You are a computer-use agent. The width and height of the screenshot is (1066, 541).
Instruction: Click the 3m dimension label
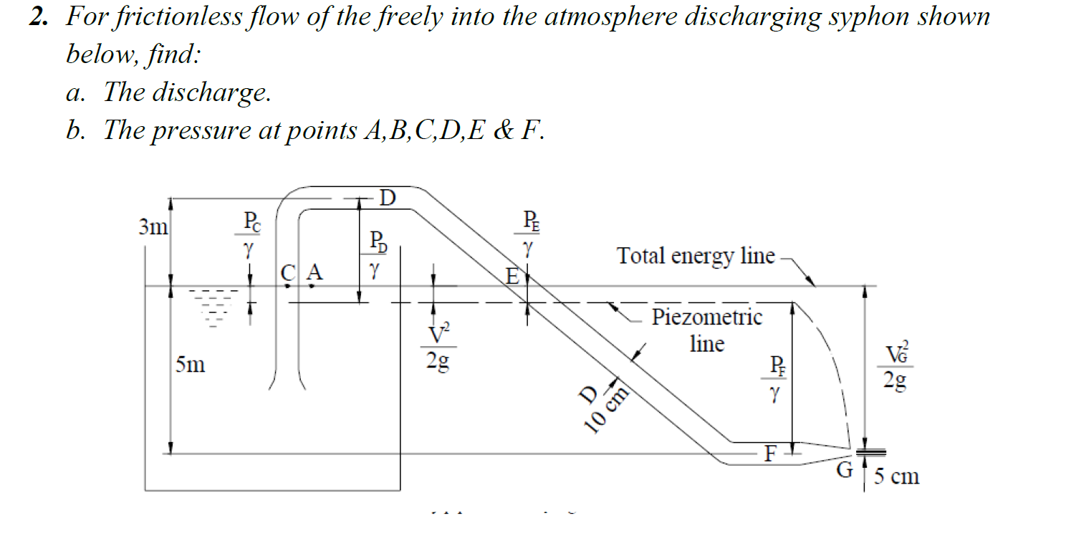tap(153, 228)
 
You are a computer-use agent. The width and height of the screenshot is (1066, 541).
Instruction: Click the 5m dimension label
tap(190, 365)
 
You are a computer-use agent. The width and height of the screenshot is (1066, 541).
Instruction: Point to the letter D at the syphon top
tap(387, 196)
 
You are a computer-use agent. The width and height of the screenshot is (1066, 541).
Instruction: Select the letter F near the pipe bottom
tap(771, 454)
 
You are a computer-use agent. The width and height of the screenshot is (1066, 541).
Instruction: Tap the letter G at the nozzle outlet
tap(846, 471)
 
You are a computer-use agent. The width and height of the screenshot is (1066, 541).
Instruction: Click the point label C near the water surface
tap(287, 273)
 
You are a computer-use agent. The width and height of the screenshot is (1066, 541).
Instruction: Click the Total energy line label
tap(696, 255)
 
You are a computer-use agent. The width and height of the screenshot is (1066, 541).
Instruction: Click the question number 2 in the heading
tap(37, 17)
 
